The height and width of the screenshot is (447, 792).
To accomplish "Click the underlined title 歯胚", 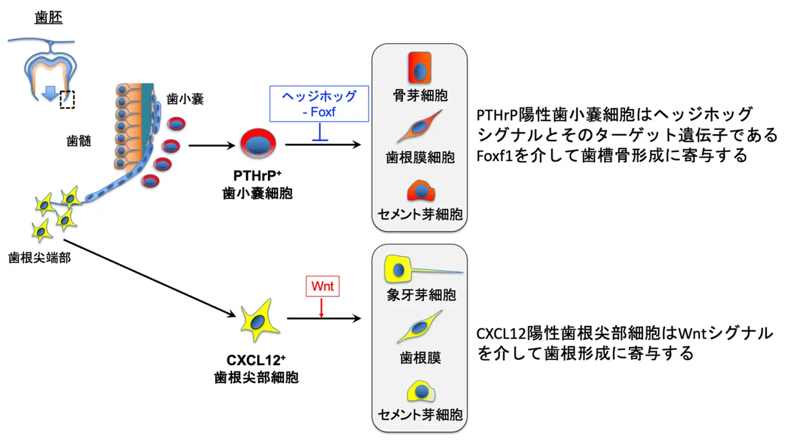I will click(x=49, y=17).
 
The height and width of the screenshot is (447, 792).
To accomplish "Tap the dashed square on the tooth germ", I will click(x=67, y=100).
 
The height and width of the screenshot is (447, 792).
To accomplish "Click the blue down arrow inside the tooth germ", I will click(x=50, y=93).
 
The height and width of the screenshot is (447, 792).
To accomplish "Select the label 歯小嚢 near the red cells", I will click(x=185, y=99).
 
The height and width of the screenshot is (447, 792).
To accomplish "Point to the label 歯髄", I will click(x=79, y=141).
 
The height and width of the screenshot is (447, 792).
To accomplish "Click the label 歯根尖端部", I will click(x=39, y=258).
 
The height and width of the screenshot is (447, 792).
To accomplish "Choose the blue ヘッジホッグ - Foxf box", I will click(x=319, y=104).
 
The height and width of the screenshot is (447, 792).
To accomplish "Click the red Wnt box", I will click(x=322, y=286).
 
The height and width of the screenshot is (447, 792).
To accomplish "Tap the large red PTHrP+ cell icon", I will click(x=258, y=143).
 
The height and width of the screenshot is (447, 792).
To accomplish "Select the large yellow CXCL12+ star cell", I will click(x=258, y=320).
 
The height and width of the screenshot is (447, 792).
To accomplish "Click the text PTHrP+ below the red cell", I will click(x=257, y=176).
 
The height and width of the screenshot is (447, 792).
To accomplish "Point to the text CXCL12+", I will click(x=256, y=360).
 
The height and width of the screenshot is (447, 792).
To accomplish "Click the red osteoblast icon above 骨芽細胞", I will click(x=419, y=68).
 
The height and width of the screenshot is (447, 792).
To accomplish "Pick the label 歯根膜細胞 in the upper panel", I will click(x=420, y=157).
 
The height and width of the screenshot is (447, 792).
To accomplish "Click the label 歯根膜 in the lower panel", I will click(x=420, y=358).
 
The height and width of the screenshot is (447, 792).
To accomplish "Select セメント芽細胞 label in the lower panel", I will click(x=420, y=415).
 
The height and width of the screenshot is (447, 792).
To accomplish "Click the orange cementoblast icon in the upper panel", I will click(x=421, y=191).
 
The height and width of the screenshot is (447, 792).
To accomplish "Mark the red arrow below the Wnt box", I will click(x=321, y=308).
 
